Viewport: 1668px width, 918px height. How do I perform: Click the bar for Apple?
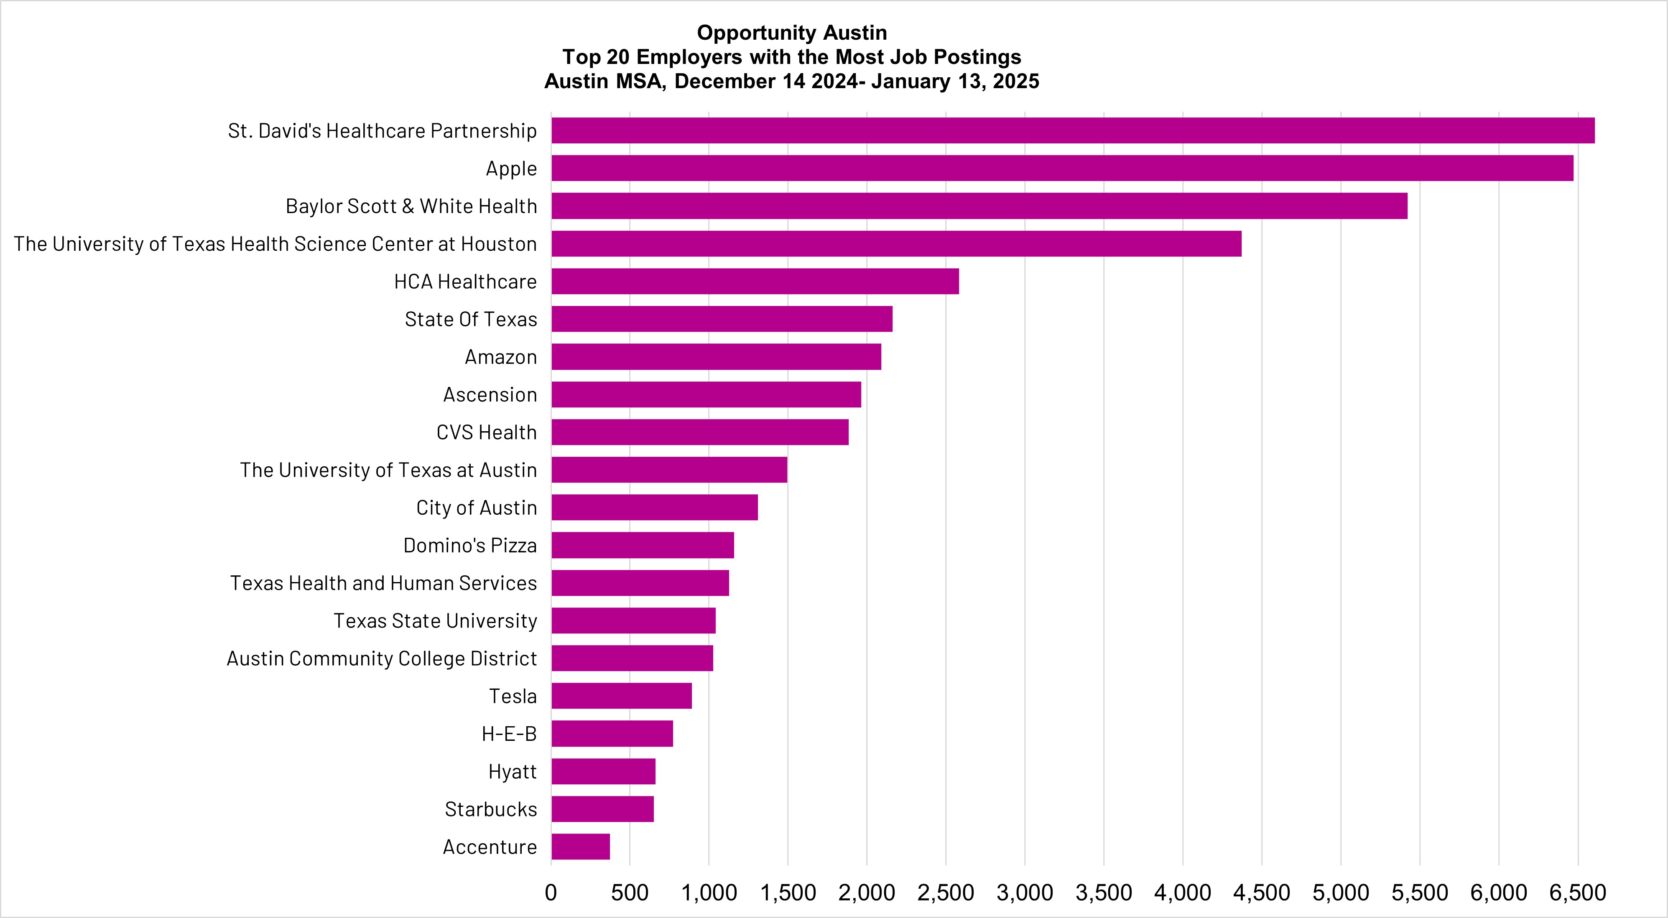1062,168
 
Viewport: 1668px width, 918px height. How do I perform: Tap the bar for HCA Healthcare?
755,282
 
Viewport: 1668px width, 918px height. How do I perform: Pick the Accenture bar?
580,847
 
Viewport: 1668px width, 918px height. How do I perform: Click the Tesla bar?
622,696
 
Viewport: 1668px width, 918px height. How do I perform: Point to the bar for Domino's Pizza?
643,545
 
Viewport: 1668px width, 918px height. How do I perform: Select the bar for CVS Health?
699,432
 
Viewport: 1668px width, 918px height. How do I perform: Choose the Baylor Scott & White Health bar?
979,206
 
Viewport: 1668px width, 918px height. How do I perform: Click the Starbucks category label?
491,809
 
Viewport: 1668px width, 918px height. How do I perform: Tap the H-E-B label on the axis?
509,734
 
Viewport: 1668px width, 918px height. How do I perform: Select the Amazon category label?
500,357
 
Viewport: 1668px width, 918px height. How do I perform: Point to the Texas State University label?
435,621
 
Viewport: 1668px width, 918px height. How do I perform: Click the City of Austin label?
477,508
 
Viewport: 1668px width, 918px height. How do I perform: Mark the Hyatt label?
512,772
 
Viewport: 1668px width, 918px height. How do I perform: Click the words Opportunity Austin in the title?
791,32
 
